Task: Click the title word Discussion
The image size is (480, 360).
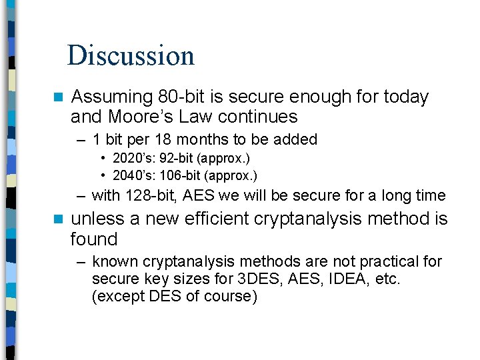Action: (131, 55)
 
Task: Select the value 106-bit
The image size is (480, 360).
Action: (178, 176)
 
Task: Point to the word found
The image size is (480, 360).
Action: (94, 239)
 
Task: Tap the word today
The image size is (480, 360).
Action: (406, 97)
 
